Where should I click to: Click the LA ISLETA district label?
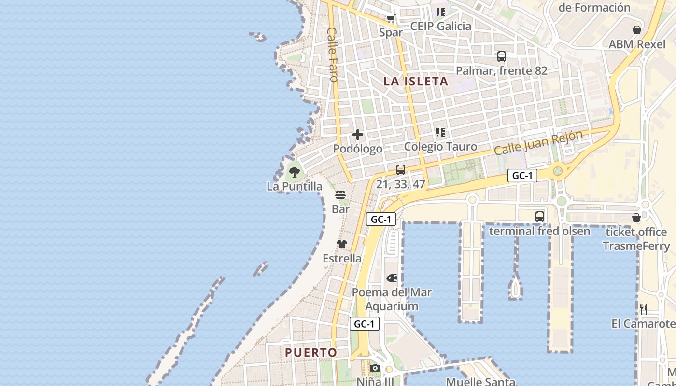coord(416,82)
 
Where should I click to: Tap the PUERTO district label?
coord(311,353)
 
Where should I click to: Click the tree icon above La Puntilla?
coord(294,172)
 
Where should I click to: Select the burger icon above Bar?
coord(340,195)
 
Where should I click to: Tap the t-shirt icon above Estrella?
coord(342,244)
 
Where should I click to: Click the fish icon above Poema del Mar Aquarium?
coord(392,278)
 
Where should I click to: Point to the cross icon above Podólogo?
coord(358,135)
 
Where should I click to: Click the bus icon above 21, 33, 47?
coord(401,170)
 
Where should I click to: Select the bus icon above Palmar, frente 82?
coord(502,56)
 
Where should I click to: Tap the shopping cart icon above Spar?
coord(391,19)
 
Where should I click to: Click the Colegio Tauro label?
coord(440,147)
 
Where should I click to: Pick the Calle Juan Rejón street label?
coord(538,142)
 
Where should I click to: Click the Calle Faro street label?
coord(333,54)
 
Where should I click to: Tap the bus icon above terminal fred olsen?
coord(540,217)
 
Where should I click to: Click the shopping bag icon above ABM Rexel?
coord(637,30)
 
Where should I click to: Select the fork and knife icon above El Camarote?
coord(643,309)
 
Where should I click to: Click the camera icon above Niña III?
coord(375,368)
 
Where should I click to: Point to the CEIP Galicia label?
coord(440,26)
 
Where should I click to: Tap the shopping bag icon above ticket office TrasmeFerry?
coord(636,218)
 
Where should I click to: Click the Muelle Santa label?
coord(480,382)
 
